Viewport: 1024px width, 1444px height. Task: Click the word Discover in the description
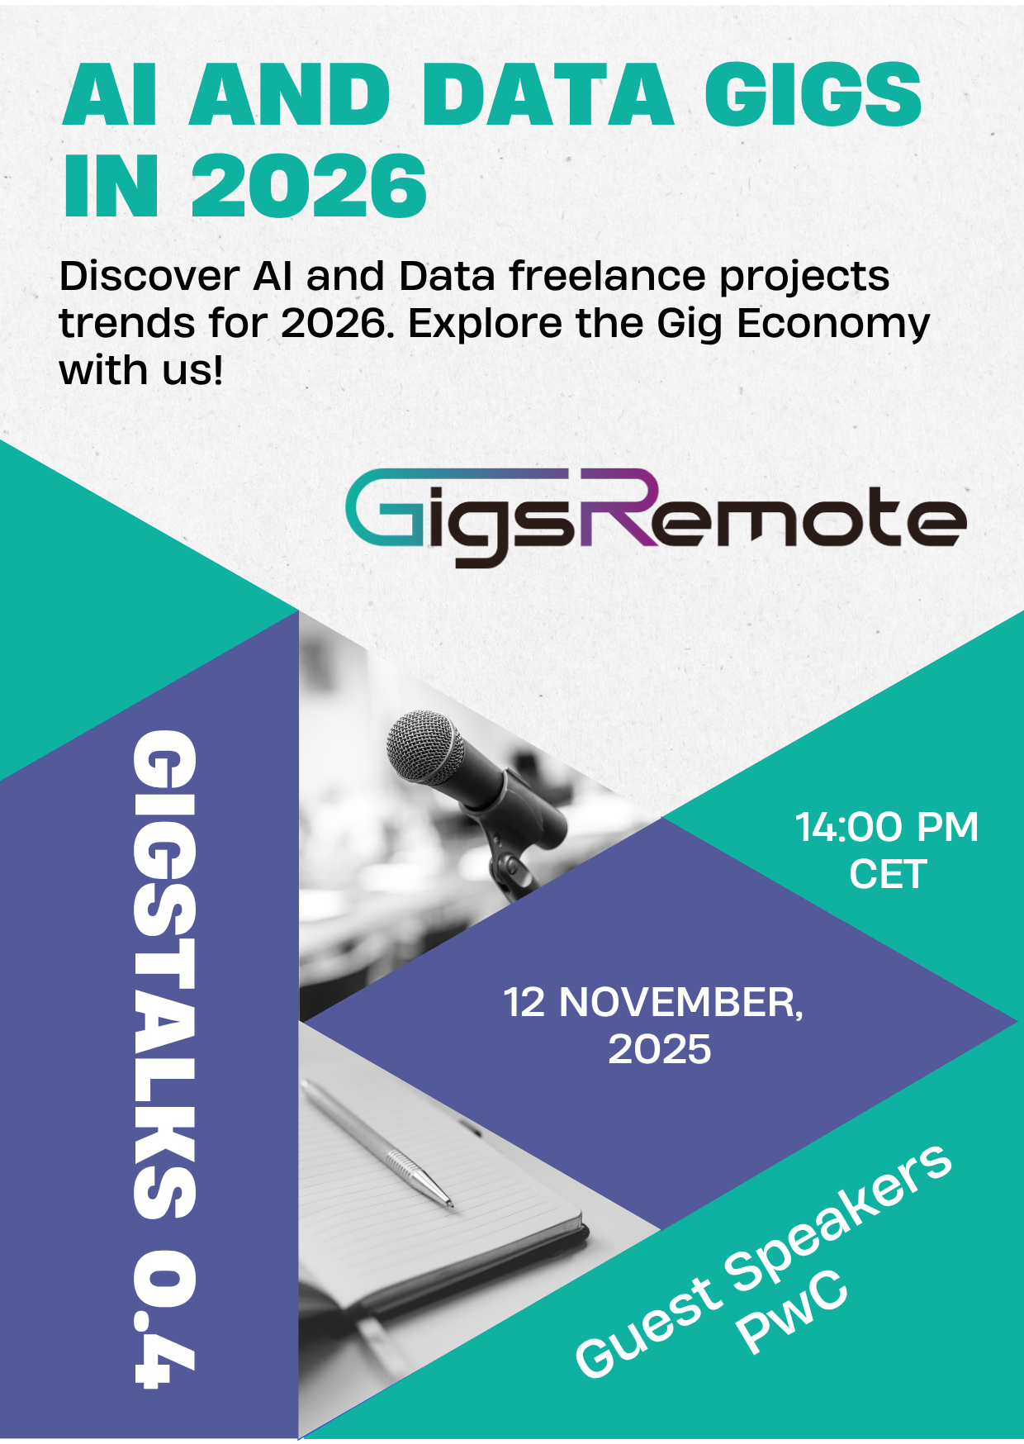point(149,276)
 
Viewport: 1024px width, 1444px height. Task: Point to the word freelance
point(608,276)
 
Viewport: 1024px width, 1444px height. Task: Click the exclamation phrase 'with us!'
point(141,370)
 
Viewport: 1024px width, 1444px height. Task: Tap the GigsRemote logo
point(656,517)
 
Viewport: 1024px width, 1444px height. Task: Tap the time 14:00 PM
point(886,827)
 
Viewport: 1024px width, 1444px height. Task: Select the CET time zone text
point(888,875)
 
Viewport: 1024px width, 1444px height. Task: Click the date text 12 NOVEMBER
point(652,1002)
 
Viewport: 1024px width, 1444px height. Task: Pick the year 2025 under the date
point(659,1050)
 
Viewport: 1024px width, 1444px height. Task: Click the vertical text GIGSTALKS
point(165,975)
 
